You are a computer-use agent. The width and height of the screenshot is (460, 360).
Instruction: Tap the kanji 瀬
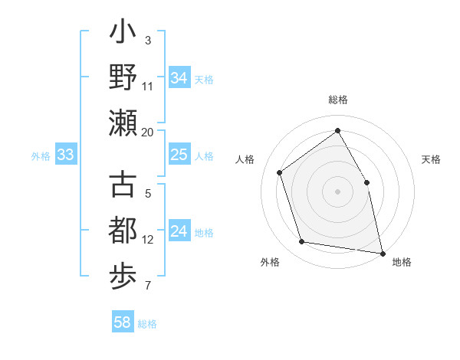click(x=123, y=123)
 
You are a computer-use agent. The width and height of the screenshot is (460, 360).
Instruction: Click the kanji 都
click(x=123, y=230)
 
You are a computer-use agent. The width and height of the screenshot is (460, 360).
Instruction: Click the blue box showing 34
click(x=179, y=78)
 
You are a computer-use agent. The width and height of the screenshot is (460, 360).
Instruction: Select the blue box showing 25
click(x=179, y=155)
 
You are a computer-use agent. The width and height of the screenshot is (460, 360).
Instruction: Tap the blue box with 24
click(x=179, y=232)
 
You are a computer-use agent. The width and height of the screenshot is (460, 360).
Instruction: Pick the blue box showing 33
click(x=65, y=155)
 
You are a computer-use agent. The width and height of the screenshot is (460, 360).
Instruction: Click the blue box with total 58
click(x=123, y=322)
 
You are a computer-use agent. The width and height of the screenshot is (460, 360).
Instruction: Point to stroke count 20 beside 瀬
click(x=148, y=133)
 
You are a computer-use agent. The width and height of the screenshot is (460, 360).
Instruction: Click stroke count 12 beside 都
click(x=148, y=240)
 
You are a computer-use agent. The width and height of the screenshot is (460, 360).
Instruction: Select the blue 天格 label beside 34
click(x=204, y=80)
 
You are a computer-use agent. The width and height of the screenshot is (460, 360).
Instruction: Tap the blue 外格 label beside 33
click(x=41, y=156)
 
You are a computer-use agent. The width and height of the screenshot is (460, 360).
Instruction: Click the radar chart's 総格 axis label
click(x=337, y=100)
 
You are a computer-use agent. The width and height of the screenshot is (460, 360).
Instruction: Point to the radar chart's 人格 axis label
click(x=245, y=159)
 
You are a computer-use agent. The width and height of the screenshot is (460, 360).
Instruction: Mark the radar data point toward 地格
click(x=382, y=252)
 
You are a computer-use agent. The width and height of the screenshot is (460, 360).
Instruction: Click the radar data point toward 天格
click(x=366, y=182)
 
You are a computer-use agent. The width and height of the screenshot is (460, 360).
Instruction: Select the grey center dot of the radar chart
click(x=337, y=191)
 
